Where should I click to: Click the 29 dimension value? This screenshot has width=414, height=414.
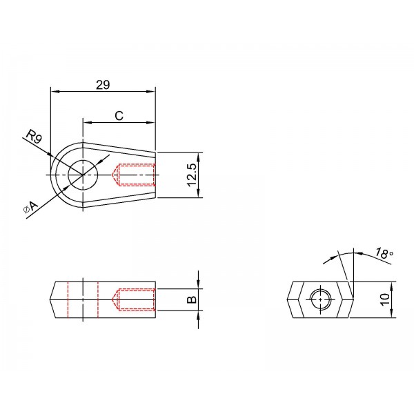pos(103,85)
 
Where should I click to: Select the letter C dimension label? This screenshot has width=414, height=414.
pos(119,116)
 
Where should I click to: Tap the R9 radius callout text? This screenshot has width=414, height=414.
pos(34,137)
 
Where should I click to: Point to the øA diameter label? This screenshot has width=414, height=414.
pos(30,207)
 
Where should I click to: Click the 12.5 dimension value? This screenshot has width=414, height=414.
pos(192,175)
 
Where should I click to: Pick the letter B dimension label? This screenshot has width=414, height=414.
pos(192,299)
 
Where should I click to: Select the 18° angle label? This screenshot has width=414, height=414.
pos(384,253)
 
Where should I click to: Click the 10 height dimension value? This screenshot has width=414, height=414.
pos(385,299)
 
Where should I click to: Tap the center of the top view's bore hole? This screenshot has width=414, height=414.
pos(83,175)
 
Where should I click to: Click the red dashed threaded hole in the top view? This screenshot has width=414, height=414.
pos(133,175)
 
